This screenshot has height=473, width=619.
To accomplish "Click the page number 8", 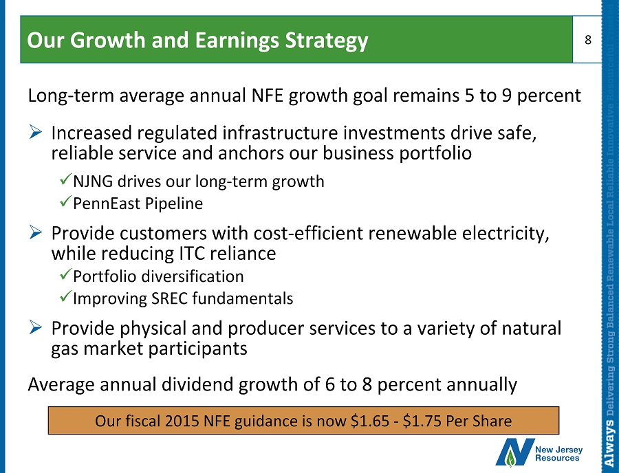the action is coord(588,40).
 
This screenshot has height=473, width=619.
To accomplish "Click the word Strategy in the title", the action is coord(327,41).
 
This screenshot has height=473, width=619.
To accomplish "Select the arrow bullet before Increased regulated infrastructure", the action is coord(36,132).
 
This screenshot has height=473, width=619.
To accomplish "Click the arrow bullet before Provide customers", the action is coord(36,233).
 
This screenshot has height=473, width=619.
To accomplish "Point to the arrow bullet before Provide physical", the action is coord(36,328).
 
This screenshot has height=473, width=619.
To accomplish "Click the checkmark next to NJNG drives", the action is coord(65,180).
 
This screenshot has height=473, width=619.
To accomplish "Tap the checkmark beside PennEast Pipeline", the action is coord(65,201).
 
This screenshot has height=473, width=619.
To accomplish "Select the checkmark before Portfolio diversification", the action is coord(65,274).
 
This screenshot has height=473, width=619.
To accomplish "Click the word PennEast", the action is coord(107,203).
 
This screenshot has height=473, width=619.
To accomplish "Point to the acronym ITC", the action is coord(192,253).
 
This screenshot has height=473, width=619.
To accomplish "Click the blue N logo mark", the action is coord(514,452).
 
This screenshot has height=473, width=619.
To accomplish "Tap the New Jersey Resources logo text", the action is coord(558,454).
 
